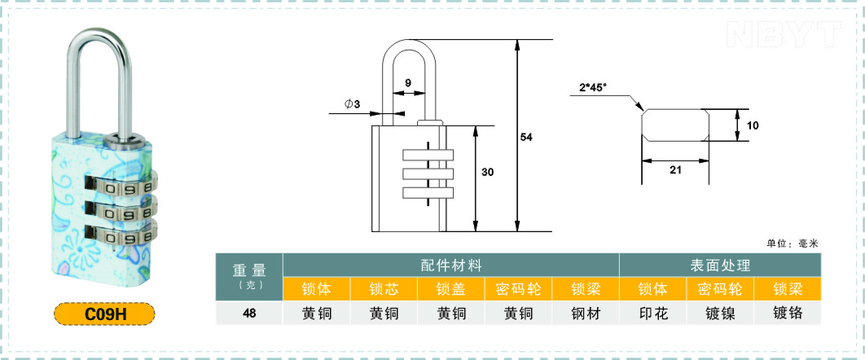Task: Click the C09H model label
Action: click(x=104, y=314)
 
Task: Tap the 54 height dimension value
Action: click(x=526, y=138)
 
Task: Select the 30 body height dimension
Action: click(x=487, y=172)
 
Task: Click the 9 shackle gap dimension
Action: click(x=408, y=83)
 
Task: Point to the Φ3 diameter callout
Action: click(x=353, y=104)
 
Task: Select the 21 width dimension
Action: click(x=675, y=170)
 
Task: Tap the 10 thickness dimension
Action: click(x=753, y=125)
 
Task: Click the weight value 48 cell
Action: click(x=248, y=313)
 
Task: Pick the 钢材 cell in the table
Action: click(x=586, y=313)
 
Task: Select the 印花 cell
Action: click(x=653, y=313)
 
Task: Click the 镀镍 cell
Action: click(x=721, y=313)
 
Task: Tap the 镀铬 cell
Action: click(x=788, y=313)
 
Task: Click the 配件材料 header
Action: click(x=451, y=266)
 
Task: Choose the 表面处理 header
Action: click(x=721, y=266)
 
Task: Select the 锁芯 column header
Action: click(x=384, y=289)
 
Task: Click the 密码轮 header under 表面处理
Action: click(x=721, y=289)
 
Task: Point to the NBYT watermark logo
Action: click(x=784, y=34)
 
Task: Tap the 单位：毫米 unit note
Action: click(x=793, y=244)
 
